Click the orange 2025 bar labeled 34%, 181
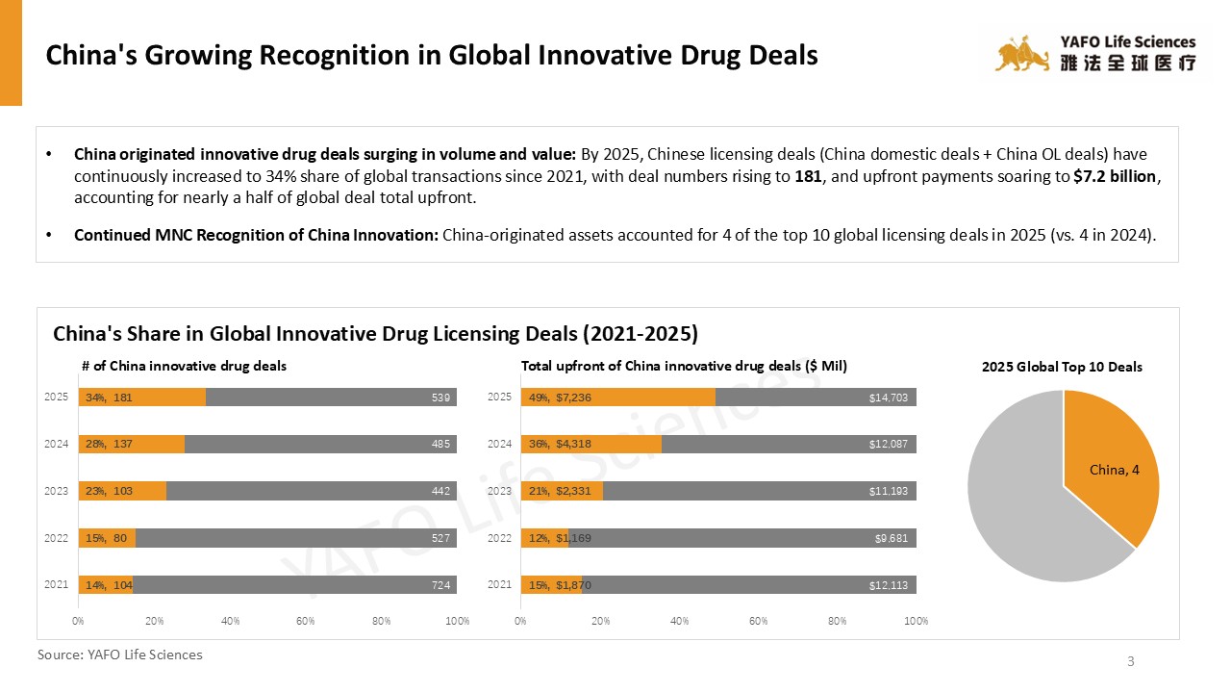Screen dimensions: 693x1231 [x=141, y=398]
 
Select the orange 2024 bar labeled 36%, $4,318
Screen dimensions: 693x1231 [x=590, y=444]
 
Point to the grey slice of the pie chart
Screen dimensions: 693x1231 [x=1019, y=510]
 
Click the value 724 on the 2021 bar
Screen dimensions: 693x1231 [x=441, y=585]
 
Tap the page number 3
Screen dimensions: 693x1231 [x=1131, y=661]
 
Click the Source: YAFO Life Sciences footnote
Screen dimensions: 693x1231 [x=120, y=654]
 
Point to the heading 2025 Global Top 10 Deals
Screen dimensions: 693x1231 [x=1062, y=367]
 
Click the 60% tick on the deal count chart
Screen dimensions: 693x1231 [x=306, y=621]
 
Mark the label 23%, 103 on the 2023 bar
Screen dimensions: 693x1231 [x=109, y=491]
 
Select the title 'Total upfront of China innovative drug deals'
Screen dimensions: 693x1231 [x=684, y=366]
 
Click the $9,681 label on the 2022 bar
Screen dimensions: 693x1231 [x=891, y=538]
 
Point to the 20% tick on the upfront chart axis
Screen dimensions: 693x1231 [x=600, y=621]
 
